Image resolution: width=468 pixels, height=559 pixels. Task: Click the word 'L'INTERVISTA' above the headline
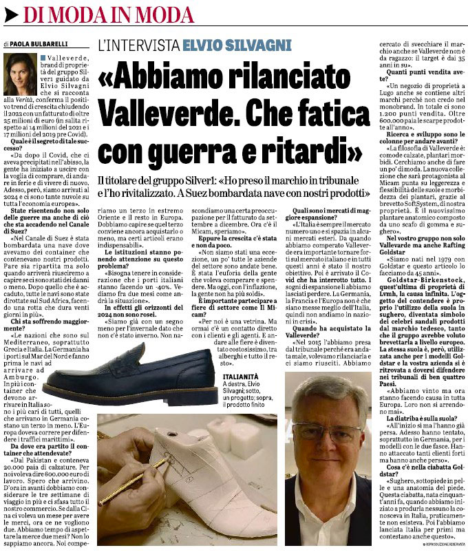pos(138,45)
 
